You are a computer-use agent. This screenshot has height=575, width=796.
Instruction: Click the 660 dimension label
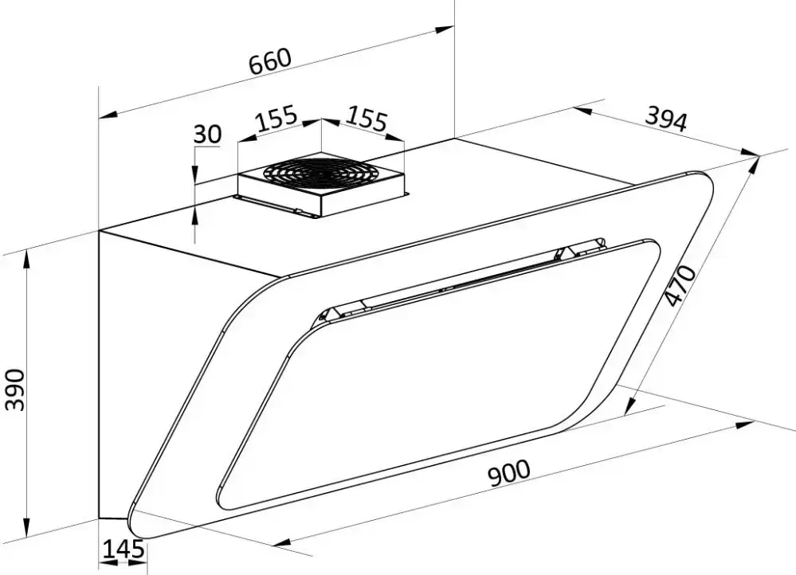[271, 61]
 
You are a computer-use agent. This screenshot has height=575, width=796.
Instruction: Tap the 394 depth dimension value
[666, 119]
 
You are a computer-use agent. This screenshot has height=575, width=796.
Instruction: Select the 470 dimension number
[680, 286]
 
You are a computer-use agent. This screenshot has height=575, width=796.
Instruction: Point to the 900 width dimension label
[508, 472]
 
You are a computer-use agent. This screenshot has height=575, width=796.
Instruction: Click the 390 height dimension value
[14, 390]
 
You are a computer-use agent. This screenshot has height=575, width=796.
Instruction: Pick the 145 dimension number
[124, 550]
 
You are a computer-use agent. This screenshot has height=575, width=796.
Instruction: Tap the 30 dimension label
[208, 134]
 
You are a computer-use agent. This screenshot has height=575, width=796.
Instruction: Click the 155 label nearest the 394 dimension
[367, 119]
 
